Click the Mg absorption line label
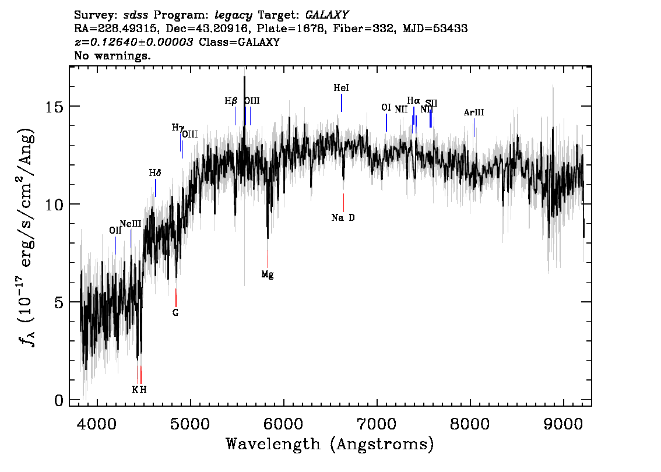pos(268,274)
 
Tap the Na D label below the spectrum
pos(343,218)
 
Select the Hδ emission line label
pos(155,173)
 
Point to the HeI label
pos(342,88)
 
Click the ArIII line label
pos(474,112)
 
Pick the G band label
pos(175,312)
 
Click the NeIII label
pos(131,224)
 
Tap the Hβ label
pos(231,101)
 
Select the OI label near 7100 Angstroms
pos(386,108)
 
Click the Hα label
pos(413,101)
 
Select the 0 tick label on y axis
pos(58,400)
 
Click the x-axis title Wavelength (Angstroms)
pos(330,445)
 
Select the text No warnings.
pos(113,56)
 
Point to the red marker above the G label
pos(176,297)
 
